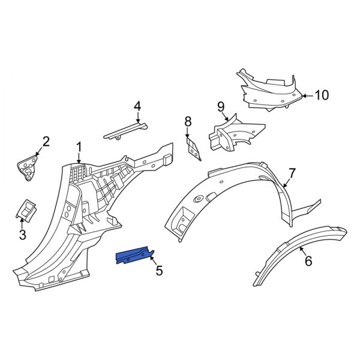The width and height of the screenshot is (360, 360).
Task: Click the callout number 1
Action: click(79, 146)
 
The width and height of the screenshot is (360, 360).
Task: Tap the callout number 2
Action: click(46, 142)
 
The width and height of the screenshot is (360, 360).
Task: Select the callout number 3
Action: click(22, 235)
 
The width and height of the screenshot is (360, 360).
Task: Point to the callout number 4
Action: click(137, 106)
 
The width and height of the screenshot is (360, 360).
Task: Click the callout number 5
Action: click(159, 271)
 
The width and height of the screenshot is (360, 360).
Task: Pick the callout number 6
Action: click(308, 261)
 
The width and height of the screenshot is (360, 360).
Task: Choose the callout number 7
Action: click(292, 173)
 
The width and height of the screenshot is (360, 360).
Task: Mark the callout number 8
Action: click(188, 122)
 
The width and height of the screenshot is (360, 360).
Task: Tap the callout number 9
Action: click(221, 107)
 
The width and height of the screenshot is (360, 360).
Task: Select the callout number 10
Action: click(322, 95)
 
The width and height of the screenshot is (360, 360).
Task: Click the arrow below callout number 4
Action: click(137, 118)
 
